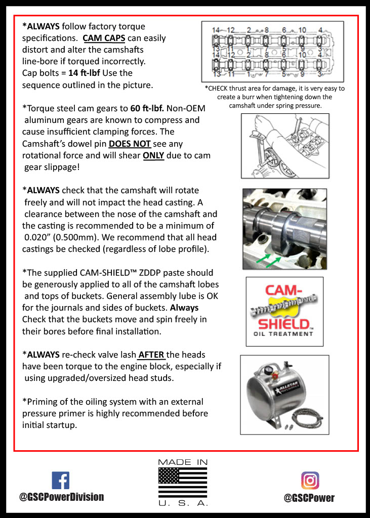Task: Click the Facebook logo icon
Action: click(x=61, y=480)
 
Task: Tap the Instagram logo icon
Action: click(x=310, y=480)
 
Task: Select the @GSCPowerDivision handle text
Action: click(x=61, y=497)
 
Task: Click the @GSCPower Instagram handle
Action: click(x=309, y=498)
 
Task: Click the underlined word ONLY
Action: click(x=153, y=156)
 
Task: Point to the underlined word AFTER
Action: click(x=151, y=355)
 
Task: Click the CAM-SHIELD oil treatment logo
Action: click(x=284, y=311)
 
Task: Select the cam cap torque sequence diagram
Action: click(x=272, y=52)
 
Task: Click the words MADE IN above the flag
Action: click(x=183, y=462)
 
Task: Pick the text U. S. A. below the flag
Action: click(x=183, y=503)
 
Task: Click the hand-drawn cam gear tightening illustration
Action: click(x=285, y=145)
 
